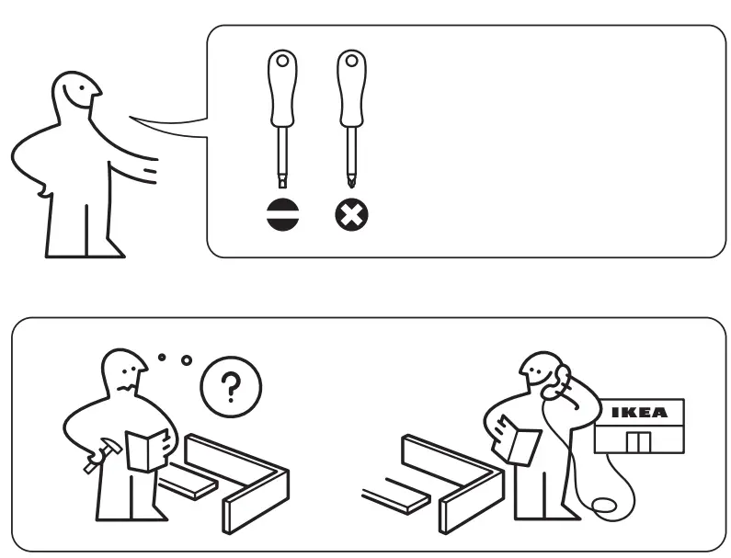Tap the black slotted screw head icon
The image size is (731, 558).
[282, 215]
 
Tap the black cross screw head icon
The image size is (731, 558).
[351, 215]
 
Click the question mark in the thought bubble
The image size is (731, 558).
[230, 387]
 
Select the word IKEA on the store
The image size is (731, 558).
[639, 413]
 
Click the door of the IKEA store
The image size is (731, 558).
[638, 442]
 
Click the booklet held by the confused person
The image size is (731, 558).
[147, 450]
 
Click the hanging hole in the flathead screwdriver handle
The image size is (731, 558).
[282, 63]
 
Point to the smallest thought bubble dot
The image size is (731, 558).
[161, 356]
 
